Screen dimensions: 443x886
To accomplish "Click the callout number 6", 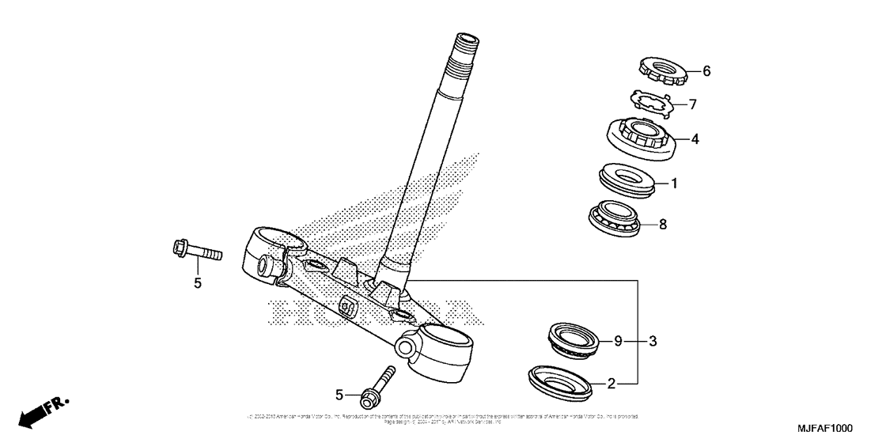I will coord(706,71).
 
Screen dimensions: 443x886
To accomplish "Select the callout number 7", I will coord(692,104).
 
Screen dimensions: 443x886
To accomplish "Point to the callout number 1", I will coord(674,184).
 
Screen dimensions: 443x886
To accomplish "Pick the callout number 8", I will coord(663,225).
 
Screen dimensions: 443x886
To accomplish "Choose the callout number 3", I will coord(653,342).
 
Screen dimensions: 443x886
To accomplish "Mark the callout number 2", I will coord(611,384).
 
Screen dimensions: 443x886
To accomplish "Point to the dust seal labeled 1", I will coord(627,180).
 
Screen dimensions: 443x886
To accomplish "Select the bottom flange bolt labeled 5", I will coord(377,385).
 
